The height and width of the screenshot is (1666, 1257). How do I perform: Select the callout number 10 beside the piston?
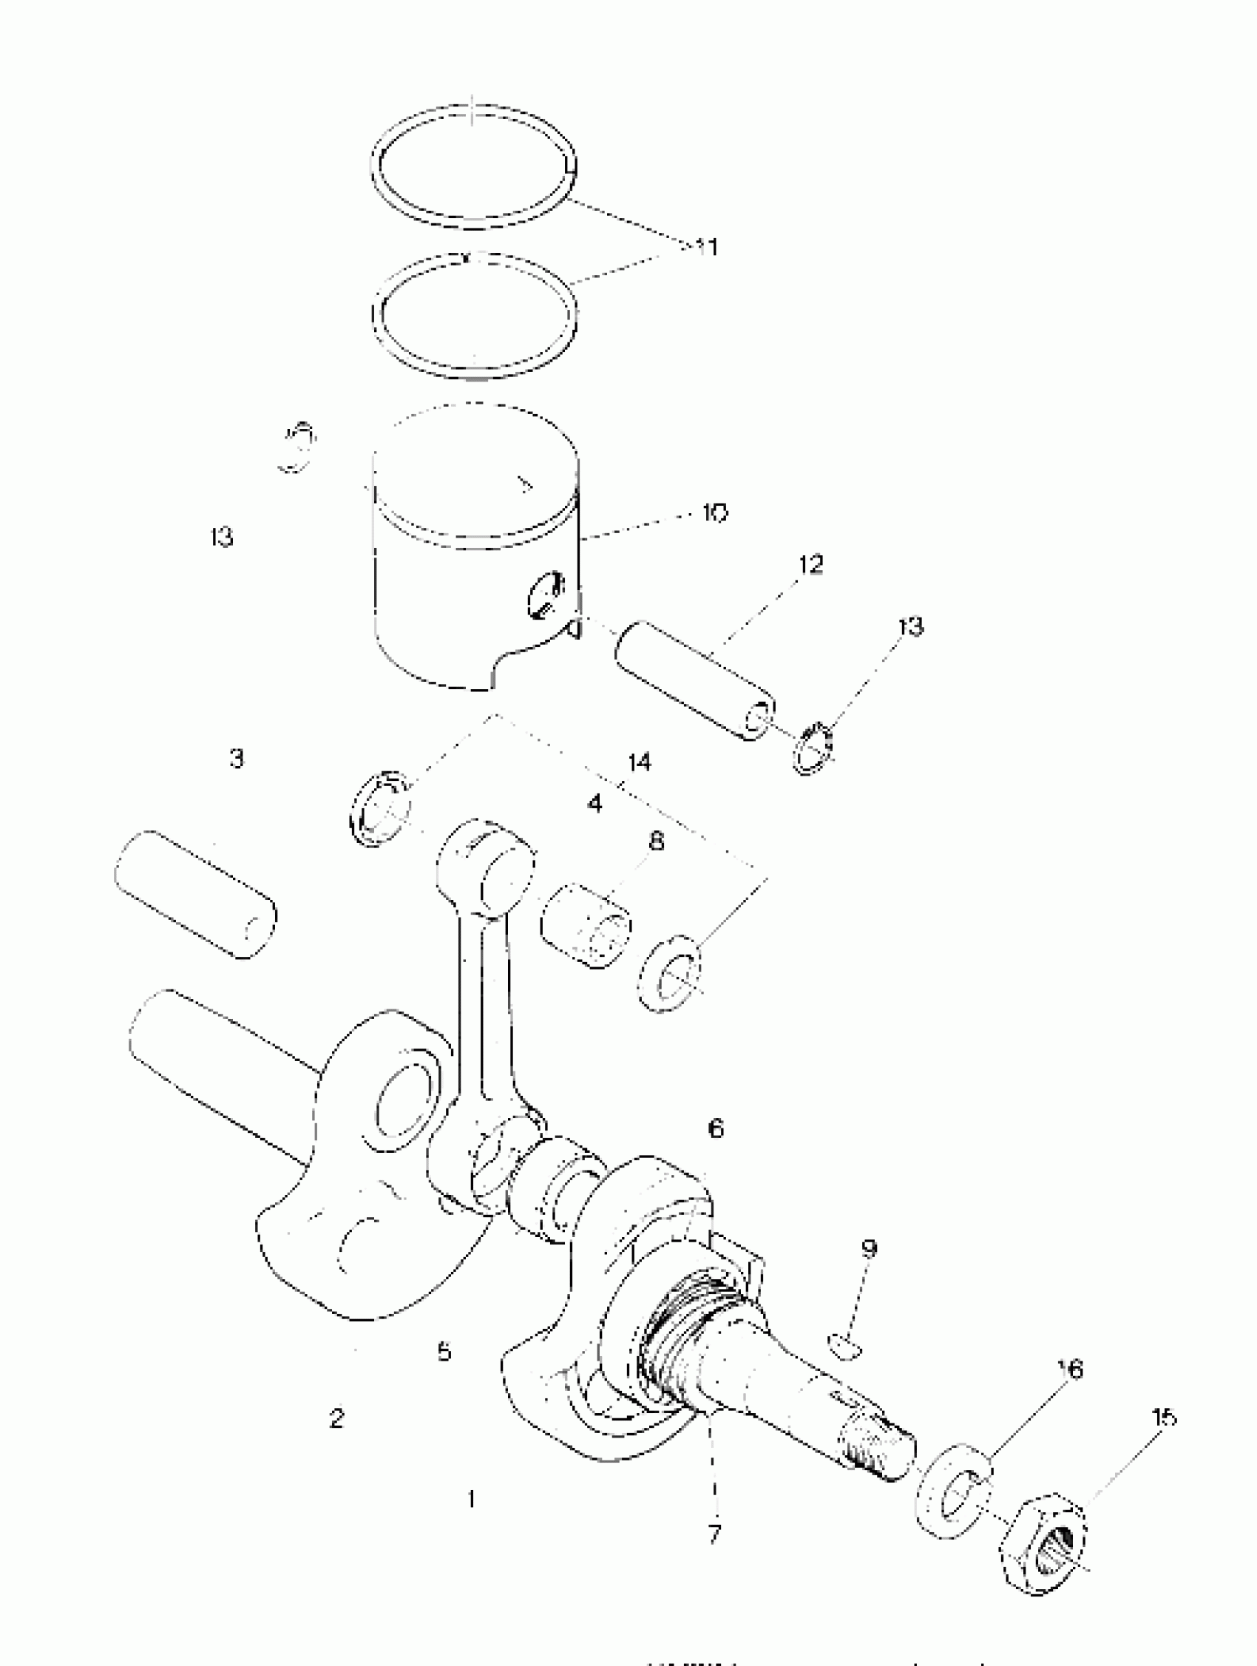715,513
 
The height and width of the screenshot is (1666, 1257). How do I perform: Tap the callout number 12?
810,565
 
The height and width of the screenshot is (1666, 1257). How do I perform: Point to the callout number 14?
639,762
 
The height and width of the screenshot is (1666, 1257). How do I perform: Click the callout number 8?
656,842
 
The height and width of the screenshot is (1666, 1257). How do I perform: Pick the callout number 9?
868,1248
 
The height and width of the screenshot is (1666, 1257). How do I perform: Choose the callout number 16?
1069,1369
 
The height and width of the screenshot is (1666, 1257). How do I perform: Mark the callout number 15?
1164,1418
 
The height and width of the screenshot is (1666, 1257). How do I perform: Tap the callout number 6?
716,1128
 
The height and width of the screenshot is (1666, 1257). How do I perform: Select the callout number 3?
237,758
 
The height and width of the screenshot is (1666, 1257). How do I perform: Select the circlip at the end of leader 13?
813,748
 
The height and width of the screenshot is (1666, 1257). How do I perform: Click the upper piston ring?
474,166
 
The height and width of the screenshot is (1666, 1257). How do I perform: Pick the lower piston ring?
475,315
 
